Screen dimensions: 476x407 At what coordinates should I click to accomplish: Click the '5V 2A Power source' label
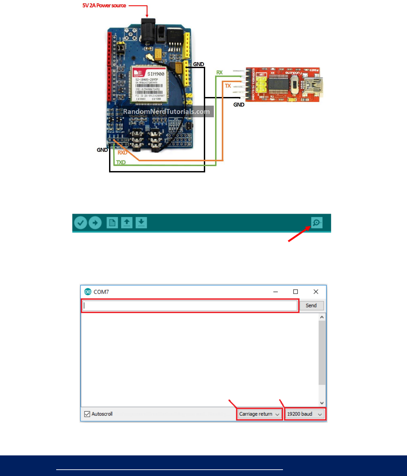tap(104, 6)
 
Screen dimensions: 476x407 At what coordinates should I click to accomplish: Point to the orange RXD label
tap(122, 153)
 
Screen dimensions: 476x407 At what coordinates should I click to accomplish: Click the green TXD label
tap(121, 162)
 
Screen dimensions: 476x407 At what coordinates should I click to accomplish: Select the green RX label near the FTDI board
tap(219, 72)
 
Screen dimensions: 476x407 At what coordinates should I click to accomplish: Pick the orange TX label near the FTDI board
tap(228, 86)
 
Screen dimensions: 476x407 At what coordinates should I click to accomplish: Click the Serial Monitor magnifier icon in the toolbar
tap(317, 223)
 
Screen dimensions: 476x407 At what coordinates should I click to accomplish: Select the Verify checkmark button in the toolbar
tap(80, 223)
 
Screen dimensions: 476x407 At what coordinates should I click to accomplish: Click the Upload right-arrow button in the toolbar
tap(95, 223)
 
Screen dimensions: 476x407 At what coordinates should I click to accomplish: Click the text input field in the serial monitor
tap(190, 306)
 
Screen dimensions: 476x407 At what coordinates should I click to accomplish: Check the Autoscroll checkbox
tap(87, 414)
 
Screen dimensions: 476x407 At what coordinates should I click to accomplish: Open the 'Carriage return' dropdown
tap(259, 414)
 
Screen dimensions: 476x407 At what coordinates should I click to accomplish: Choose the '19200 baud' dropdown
tap(305, 414)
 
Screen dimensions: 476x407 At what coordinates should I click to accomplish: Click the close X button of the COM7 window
tap(316, 292)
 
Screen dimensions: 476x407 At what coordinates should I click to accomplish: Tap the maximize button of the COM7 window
tap(295, 292)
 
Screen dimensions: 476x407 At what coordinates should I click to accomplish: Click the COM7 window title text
tap(101, 292)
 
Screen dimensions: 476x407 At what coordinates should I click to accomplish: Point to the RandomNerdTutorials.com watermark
tap(166, 112)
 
